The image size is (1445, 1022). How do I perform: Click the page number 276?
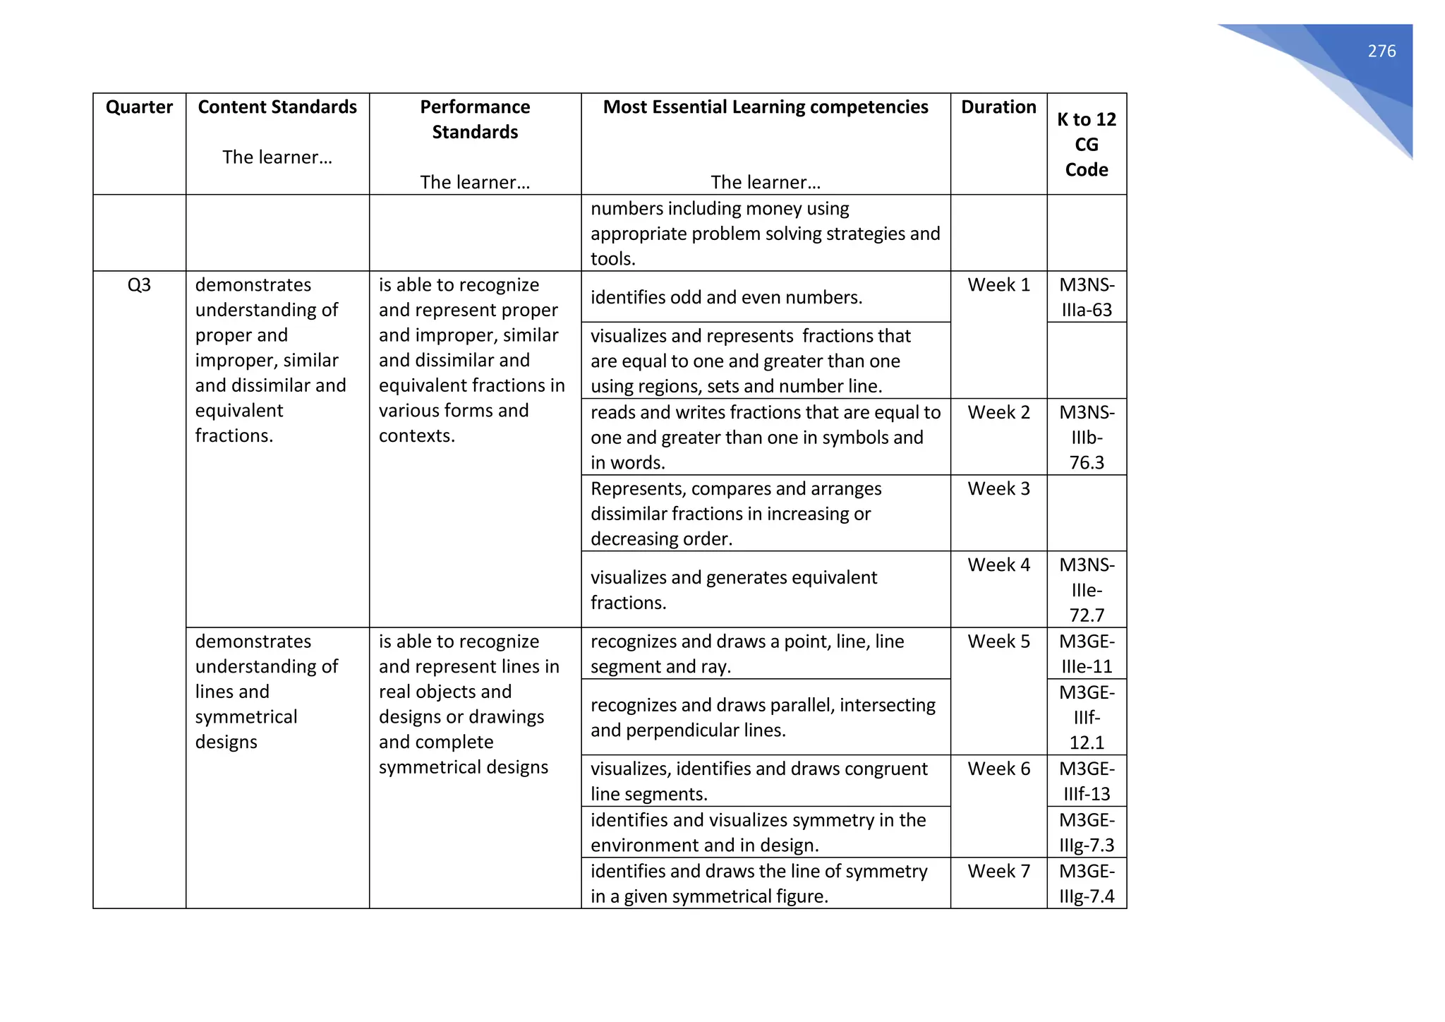[1381, 51]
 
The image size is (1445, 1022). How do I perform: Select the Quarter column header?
[139, 107]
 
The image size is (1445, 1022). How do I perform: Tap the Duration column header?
[998, 107]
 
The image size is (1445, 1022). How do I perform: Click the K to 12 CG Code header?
[1086, 144]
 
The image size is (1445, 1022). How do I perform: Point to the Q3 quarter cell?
[139, 284]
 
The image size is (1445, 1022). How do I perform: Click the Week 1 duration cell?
[998, 284]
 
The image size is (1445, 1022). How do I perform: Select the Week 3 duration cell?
[998, 488]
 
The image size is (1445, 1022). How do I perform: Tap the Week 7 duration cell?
[998, 871]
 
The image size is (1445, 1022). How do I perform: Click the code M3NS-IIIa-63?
[1086, 297]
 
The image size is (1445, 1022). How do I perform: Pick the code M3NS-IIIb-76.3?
[1086, 437]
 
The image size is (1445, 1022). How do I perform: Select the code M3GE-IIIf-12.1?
[1086, 717]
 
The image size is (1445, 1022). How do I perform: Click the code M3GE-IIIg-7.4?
[1086, 884]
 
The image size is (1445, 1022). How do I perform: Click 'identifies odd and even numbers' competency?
[726, 297]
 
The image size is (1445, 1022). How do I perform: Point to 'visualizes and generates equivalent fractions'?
[733, 590]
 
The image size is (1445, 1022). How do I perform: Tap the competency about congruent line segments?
[758, 781]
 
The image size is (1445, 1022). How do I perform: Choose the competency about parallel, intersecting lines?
[762, 717]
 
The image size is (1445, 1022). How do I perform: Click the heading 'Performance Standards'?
[475, 119]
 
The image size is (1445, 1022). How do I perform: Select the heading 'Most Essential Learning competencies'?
[765, 107]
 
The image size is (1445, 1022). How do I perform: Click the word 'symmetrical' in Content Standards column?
[246, 717]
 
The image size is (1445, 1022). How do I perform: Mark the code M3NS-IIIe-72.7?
[1086, 590]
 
